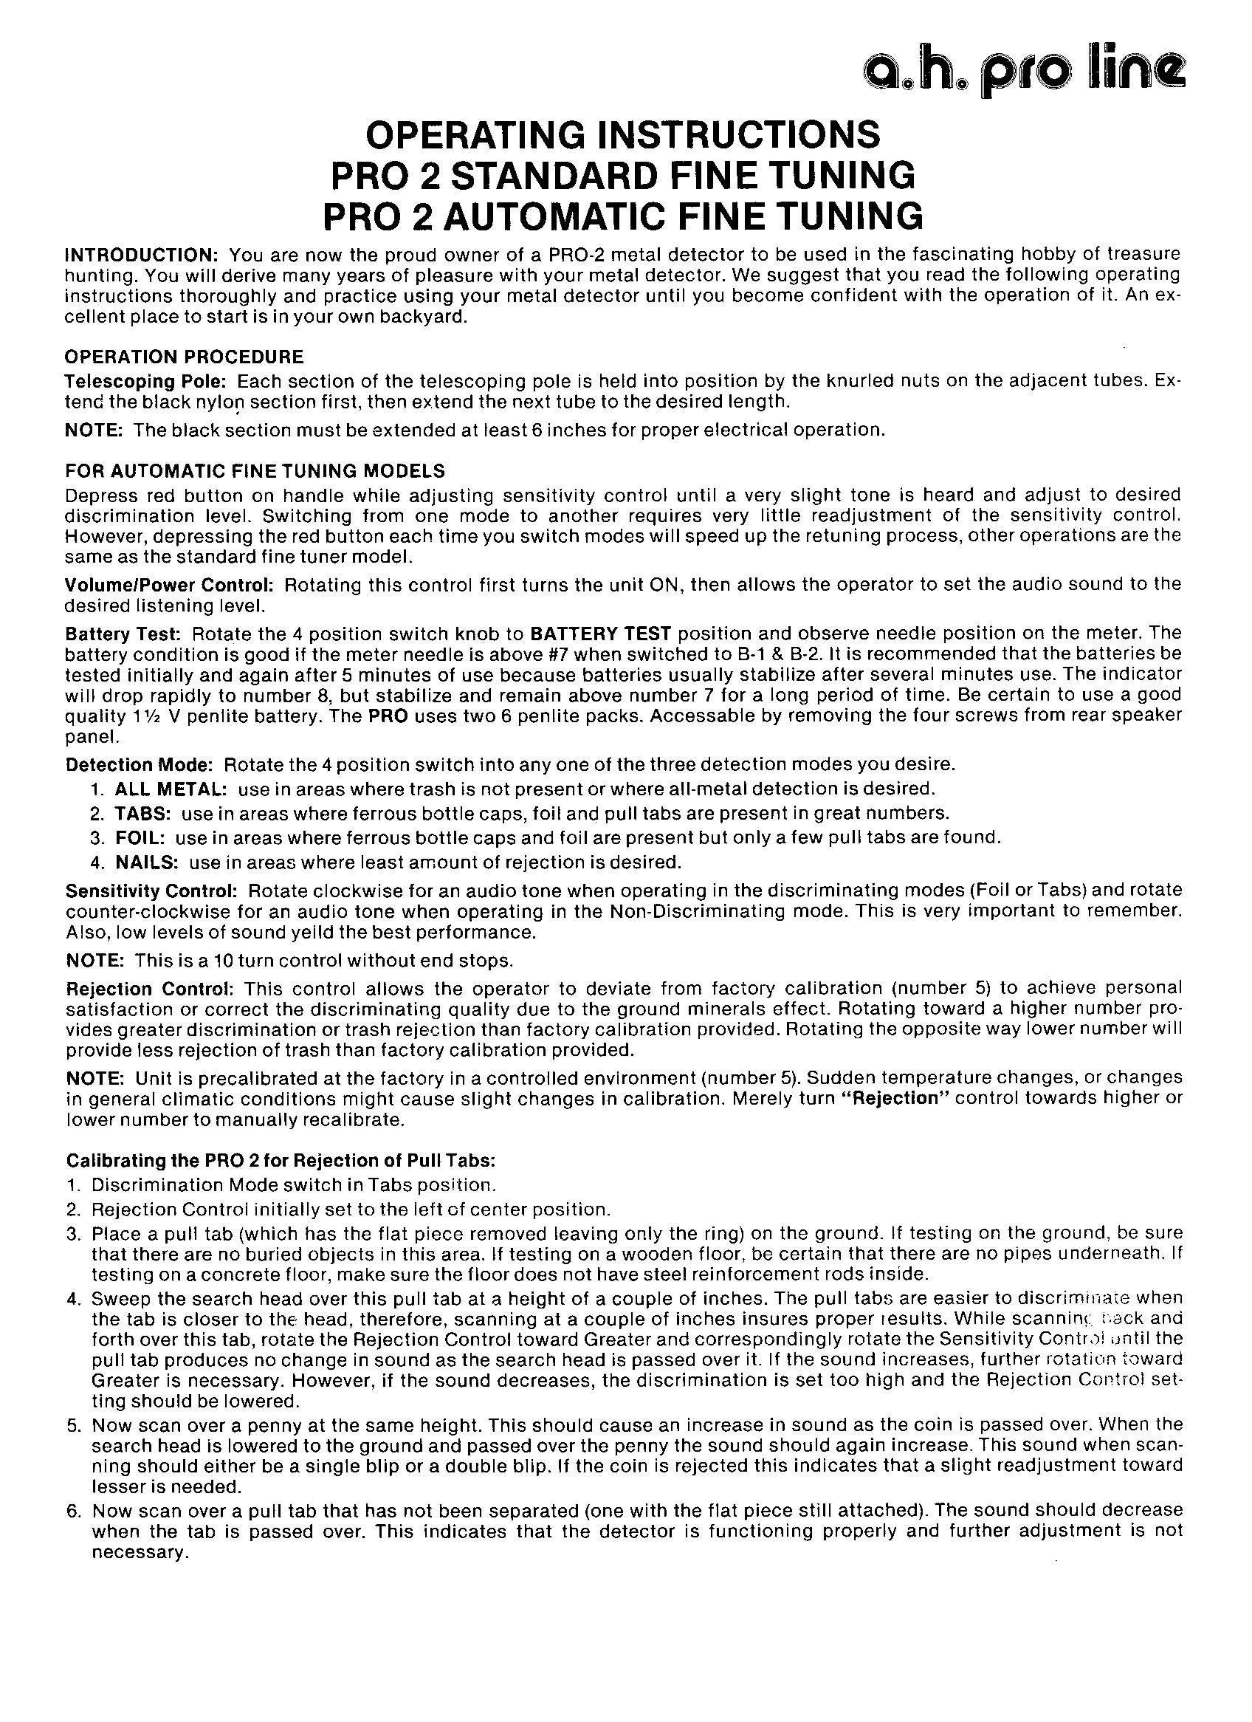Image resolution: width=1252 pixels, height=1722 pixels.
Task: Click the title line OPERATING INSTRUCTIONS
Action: tap(622, 135)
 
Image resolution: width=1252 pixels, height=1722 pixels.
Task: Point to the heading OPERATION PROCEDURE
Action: tap(185, 357)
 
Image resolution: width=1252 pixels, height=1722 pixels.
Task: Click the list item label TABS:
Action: tap(142, 814)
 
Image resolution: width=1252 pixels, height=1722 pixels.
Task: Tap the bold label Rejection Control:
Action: tap(149, 989)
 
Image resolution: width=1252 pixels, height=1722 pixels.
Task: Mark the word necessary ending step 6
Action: tap(139, 1553)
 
